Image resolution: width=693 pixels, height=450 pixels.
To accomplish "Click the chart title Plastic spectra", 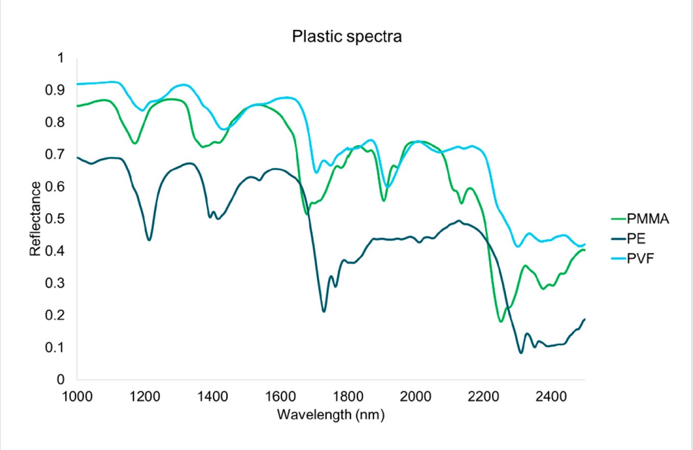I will point(346,37).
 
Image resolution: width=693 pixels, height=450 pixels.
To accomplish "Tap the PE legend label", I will point(637,239).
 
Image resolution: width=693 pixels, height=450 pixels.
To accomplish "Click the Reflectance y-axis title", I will point(35,219).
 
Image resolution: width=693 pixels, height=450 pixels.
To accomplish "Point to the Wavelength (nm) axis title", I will point(331,414).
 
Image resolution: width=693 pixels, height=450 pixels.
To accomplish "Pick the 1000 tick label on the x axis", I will point(77,396).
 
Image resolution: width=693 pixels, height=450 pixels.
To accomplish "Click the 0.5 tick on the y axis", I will point(60,219).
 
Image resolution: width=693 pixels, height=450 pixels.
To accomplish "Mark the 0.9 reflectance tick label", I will point(60,90).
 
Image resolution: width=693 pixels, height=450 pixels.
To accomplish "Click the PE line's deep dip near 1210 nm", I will point(149,240).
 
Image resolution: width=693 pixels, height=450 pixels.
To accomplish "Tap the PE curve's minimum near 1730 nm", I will point(324,311).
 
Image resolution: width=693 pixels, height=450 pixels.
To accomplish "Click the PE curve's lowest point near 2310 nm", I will point(521,353).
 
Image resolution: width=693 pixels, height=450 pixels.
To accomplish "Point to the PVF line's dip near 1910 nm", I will point(387,187).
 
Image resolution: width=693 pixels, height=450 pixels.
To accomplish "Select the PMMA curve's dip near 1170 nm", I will point(135,144).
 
